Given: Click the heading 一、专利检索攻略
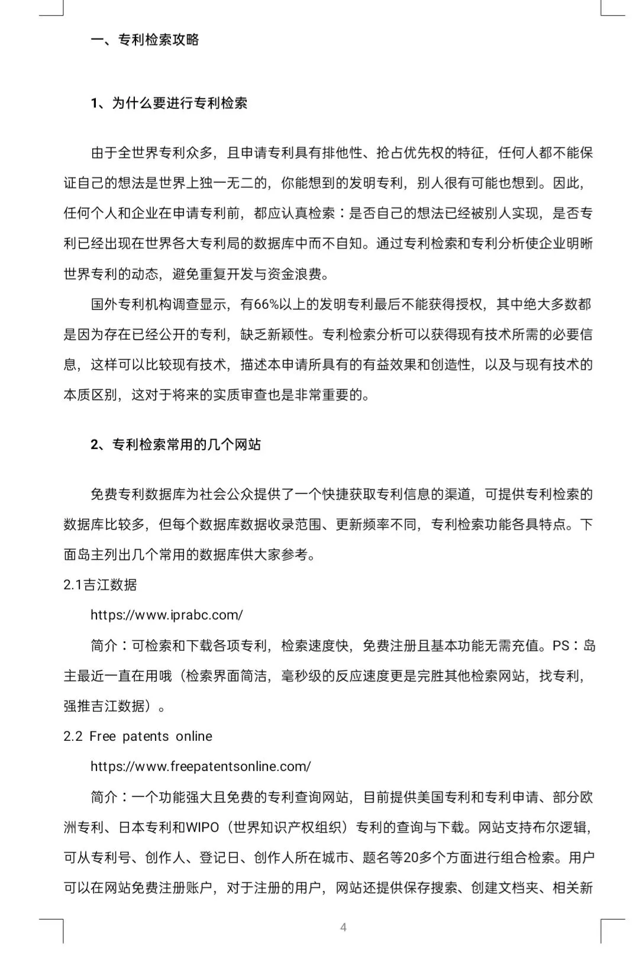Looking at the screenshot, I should (145, 40).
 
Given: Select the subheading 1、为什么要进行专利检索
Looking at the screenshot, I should (169, 104).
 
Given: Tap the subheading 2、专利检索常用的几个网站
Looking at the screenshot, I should (176, 444).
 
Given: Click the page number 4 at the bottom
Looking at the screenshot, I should (343, 927).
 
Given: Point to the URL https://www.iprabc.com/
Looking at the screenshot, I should (166, 615).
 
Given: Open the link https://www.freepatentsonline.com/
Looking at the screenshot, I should (200, 766).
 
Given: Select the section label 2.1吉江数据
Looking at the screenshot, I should (100, 585).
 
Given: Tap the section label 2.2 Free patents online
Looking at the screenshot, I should (137, 736).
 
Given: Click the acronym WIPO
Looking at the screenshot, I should (202, 827).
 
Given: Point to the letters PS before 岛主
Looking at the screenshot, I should (561, 645).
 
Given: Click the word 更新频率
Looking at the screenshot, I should (363, 524).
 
